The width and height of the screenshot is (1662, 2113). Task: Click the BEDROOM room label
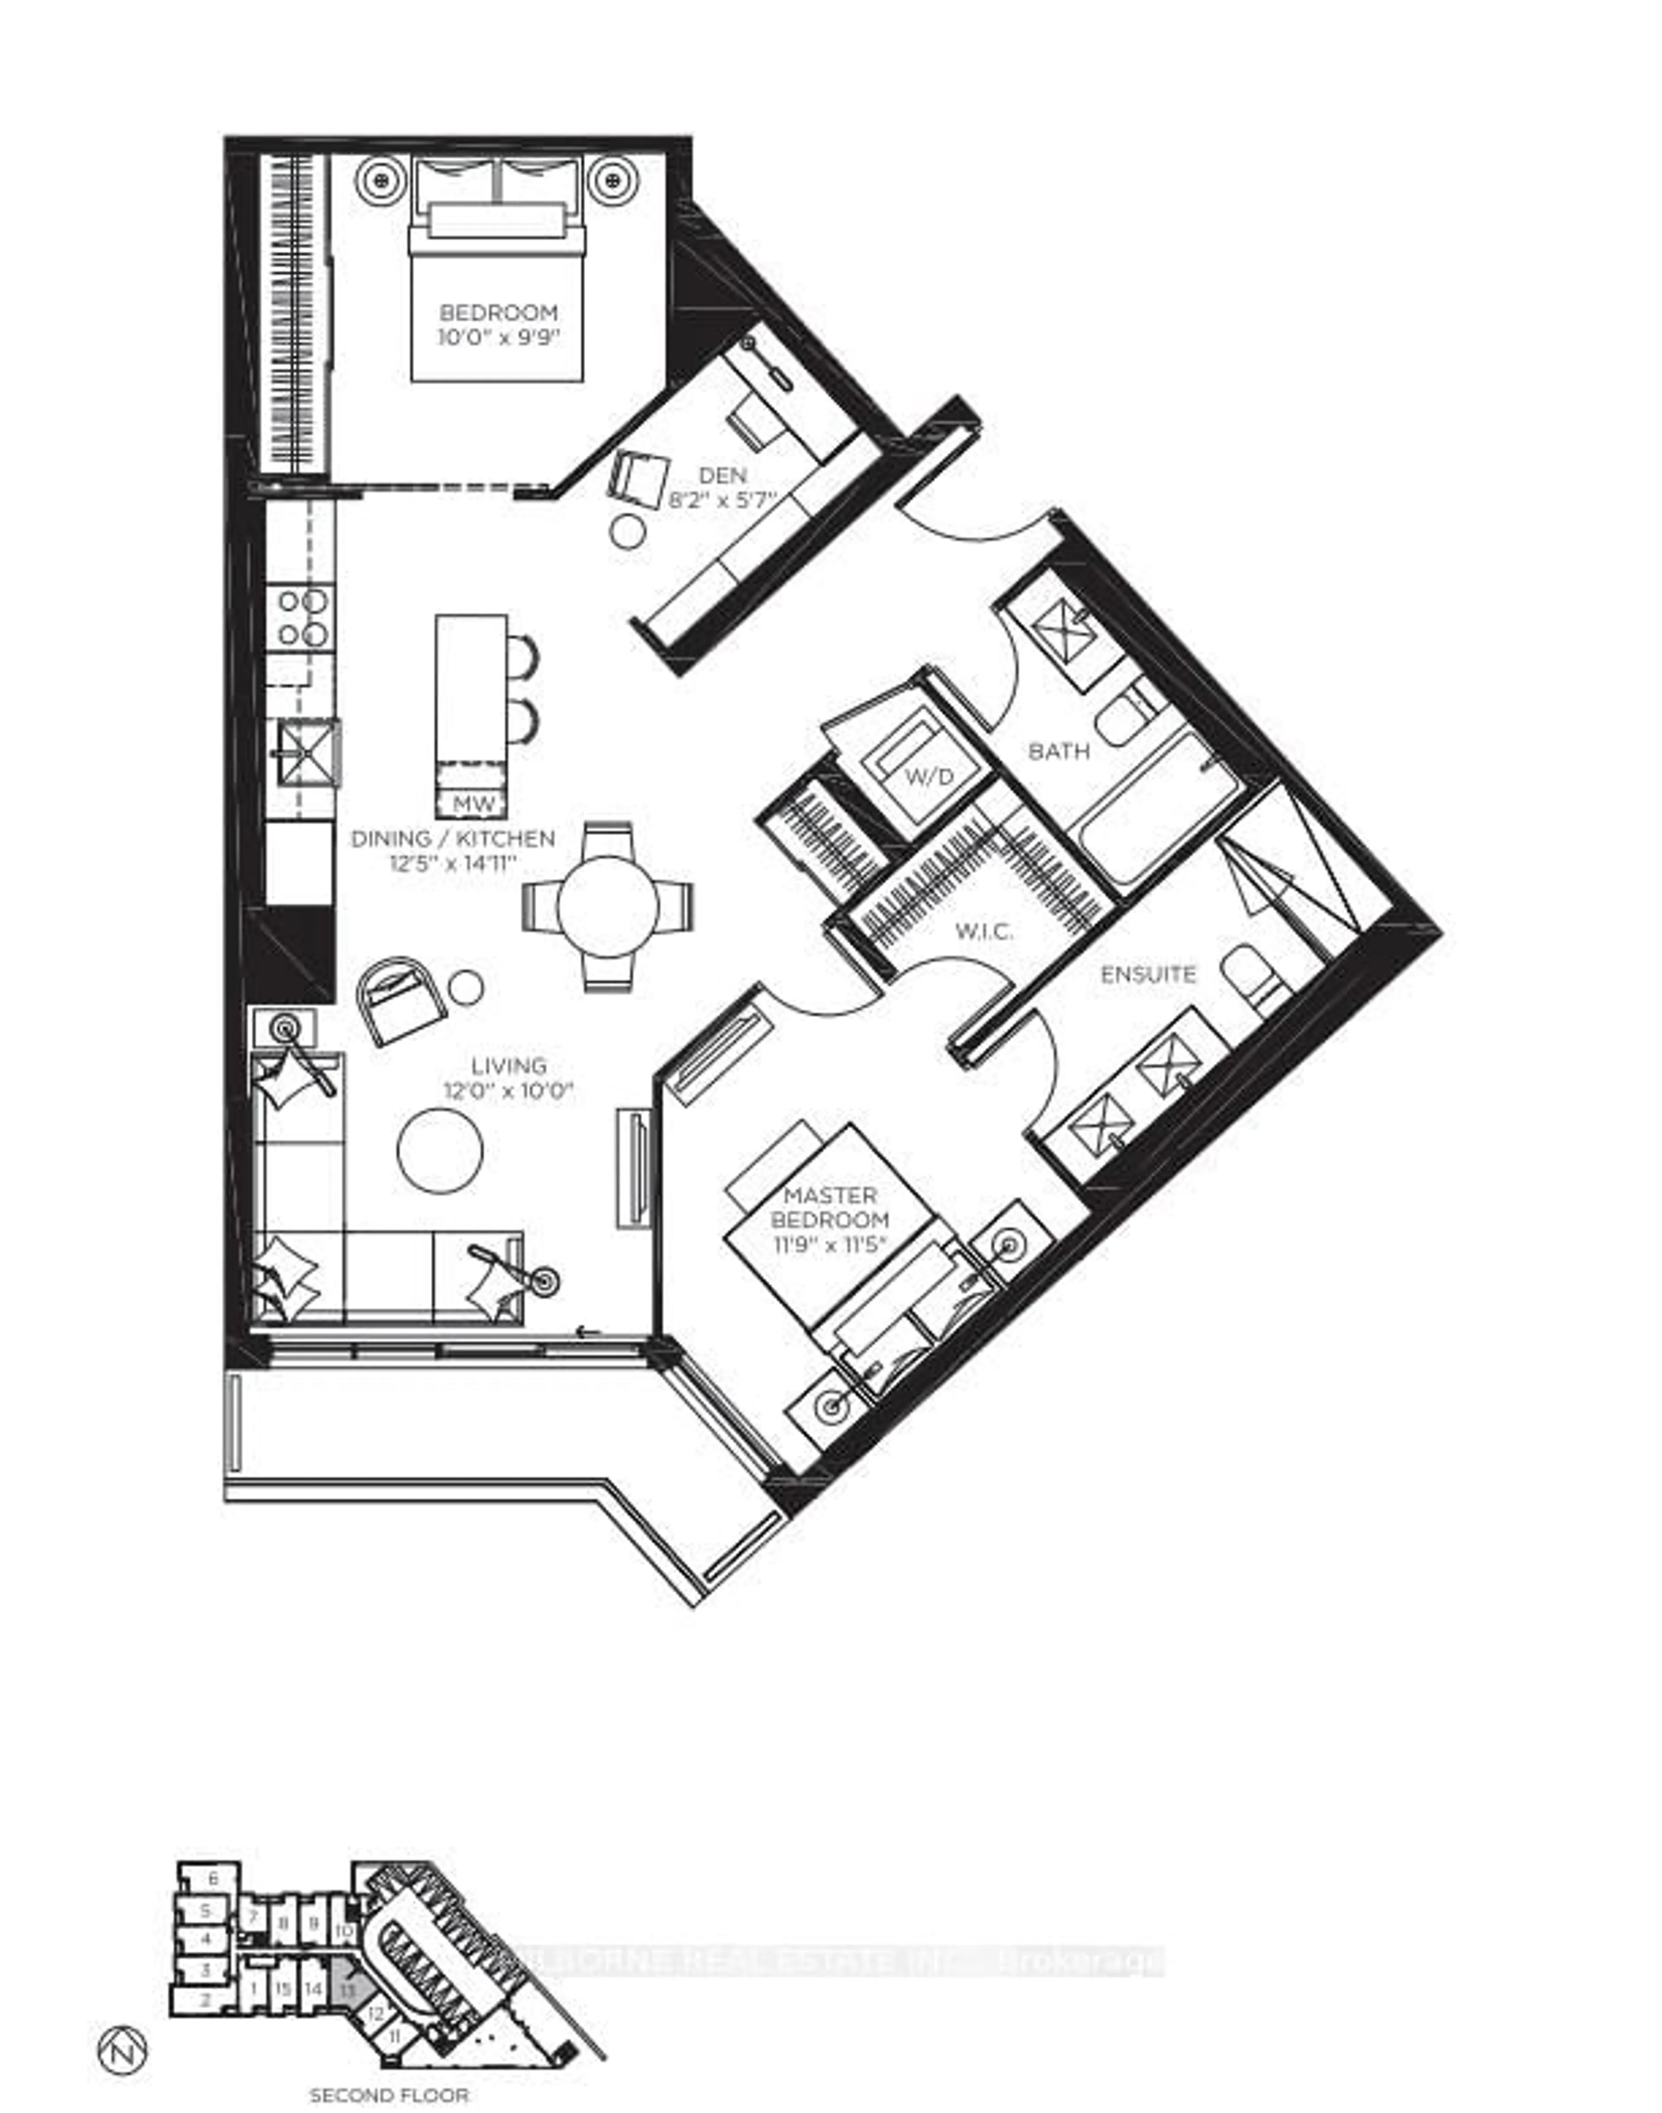coord(499,313)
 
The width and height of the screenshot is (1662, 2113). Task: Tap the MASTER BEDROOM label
coord(830,1207)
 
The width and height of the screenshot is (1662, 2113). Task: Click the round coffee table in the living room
coord(441,1150)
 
